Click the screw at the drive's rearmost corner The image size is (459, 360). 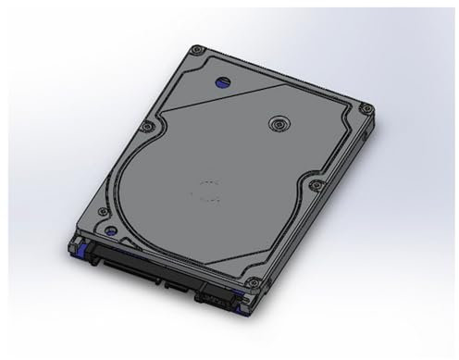194,49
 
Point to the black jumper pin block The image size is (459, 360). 213,299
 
